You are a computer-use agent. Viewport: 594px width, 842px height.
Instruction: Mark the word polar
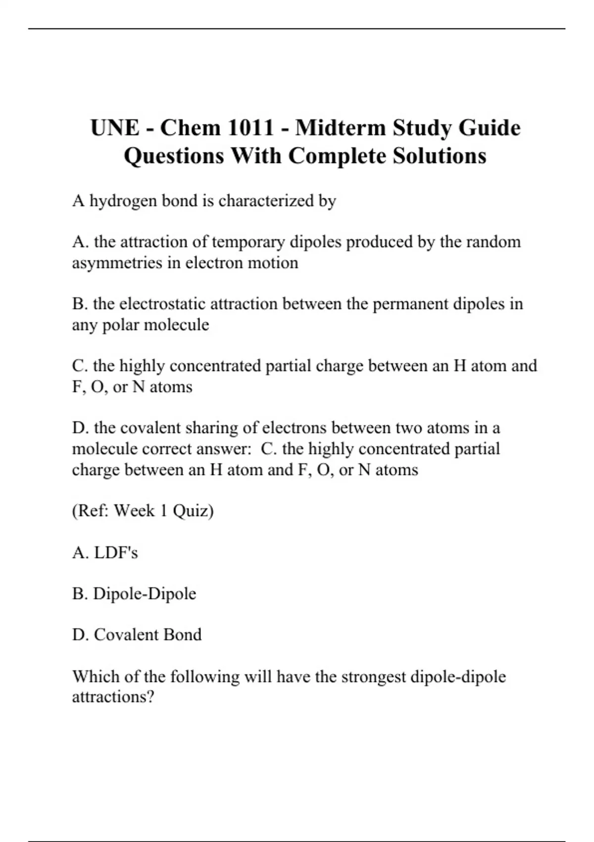(x=120, y=325)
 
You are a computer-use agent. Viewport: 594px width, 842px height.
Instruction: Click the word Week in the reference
(x=134, y=511)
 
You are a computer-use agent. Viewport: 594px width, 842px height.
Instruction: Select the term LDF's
(x=116, y=552)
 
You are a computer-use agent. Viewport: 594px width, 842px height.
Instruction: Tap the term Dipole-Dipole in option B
(x=145, y=593)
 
